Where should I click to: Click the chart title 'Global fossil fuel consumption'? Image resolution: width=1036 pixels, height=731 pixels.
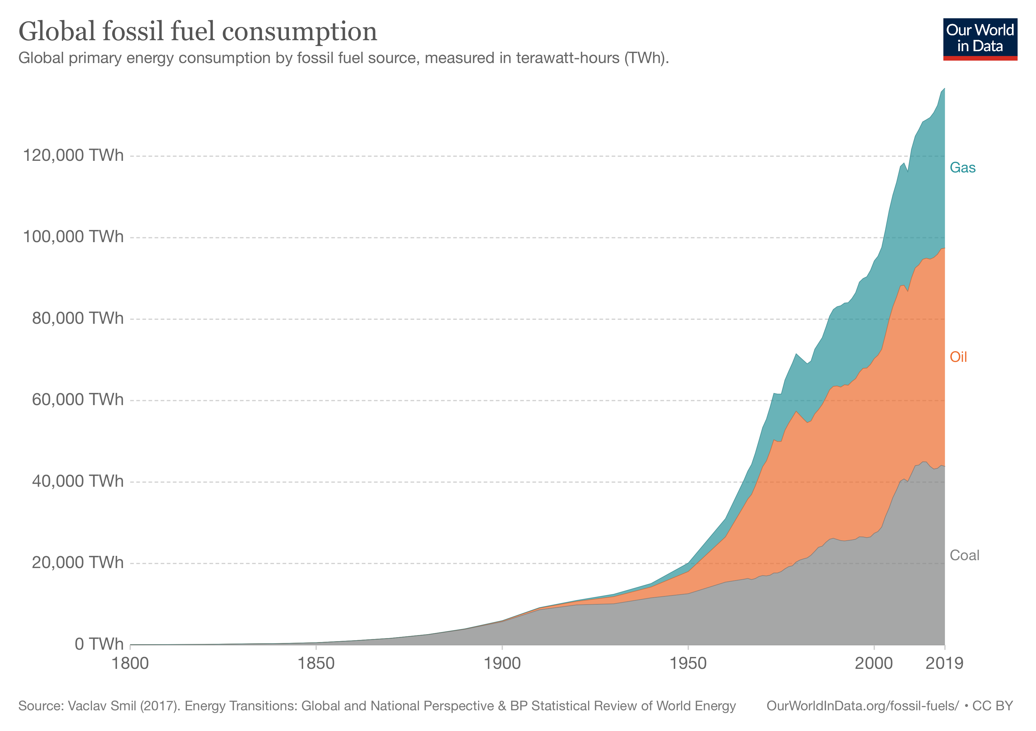coord(198,32)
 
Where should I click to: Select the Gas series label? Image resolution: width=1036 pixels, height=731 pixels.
coord(963,168)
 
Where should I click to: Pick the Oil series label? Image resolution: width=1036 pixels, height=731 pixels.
coord(958,357)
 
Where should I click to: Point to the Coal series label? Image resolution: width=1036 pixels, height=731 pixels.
coord(964,555)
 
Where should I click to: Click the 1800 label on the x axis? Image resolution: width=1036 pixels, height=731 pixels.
coord(130,663)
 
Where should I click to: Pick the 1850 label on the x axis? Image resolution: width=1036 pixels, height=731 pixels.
coord(316,663)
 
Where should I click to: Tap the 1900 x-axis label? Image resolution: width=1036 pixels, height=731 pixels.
coord(502,663)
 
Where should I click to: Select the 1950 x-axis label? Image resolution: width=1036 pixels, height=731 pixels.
coord(688,663)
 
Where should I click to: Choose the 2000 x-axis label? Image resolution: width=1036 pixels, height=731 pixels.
coord(874,663)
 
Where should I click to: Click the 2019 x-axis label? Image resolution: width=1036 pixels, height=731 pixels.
coord(944,663)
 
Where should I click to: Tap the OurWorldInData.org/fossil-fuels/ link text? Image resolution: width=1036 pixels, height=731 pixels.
coord(862,706)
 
